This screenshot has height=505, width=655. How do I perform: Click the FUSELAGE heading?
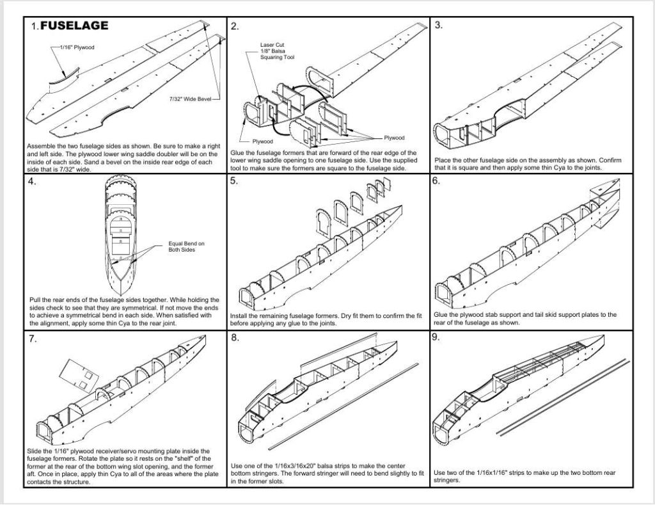(74, 26)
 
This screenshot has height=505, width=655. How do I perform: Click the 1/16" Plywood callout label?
(77, 47)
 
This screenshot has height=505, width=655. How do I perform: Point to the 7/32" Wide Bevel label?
(190, 99)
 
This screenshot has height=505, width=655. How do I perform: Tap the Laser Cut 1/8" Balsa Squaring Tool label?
(277, 51)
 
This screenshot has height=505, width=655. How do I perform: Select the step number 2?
(235, 26)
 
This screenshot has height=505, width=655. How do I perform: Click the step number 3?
(439, 25)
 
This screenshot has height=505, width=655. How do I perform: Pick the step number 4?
(32, 182)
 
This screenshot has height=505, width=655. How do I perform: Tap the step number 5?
(234, 180)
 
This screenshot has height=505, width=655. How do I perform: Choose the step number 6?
(436, 180)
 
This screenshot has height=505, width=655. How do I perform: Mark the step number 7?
(33, 339)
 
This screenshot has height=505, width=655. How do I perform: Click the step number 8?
(235, 338)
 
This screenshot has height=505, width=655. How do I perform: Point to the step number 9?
(436, 337)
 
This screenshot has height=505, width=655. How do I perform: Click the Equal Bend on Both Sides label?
(186, 246)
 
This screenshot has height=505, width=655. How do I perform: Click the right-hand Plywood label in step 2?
(394, 138)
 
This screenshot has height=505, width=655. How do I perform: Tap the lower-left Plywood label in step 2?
(262, 141)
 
